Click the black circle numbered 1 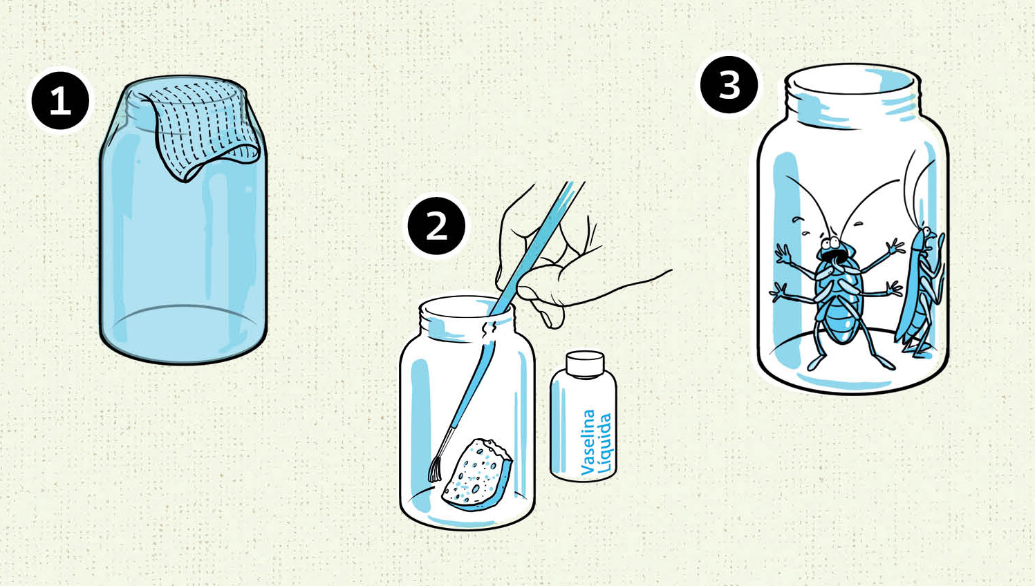point(61,101)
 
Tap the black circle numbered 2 point(437,226)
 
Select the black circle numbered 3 point(729,85)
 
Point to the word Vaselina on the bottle point(588,442)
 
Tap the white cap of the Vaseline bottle point(585,364)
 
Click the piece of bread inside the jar point(477,475)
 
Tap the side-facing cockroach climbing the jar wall point(920,291)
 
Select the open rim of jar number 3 point(851,82)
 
